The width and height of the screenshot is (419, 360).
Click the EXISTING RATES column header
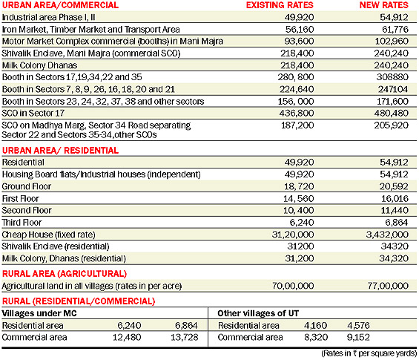(280, 5)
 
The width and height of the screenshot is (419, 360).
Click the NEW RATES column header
(383, 5)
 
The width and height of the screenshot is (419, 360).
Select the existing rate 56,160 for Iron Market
(300, 29)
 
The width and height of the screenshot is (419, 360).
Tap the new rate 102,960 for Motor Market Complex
(392, 41)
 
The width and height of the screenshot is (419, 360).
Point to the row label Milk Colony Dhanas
(39, 65)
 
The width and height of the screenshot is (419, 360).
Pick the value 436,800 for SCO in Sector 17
(297, 113)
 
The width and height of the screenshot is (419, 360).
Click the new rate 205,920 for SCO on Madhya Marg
(392, 125)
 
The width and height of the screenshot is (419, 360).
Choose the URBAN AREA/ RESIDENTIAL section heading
(60, 151)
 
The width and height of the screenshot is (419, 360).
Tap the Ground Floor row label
(27, 186)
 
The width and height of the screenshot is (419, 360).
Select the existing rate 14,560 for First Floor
(299, 198)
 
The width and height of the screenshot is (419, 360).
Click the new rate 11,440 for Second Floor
(395, 210)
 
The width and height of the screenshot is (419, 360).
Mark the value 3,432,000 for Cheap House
(387, 235)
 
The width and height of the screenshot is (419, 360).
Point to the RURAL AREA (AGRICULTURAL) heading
(64, 274)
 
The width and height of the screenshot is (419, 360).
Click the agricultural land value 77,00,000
(388, 286)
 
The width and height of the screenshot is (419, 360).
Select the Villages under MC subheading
(39, 313)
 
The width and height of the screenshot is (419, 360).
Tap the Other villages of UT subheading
(258, 313)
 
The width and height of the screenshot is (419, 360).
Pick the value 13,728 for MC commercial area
(185, 337)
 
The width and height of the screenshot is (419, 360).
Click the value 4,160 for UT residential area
(316, 326)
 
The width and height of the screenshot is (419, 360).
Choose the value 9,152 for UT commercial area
(358, 337)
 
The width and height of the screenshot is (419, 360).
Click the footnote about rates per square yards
(369, 353)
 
